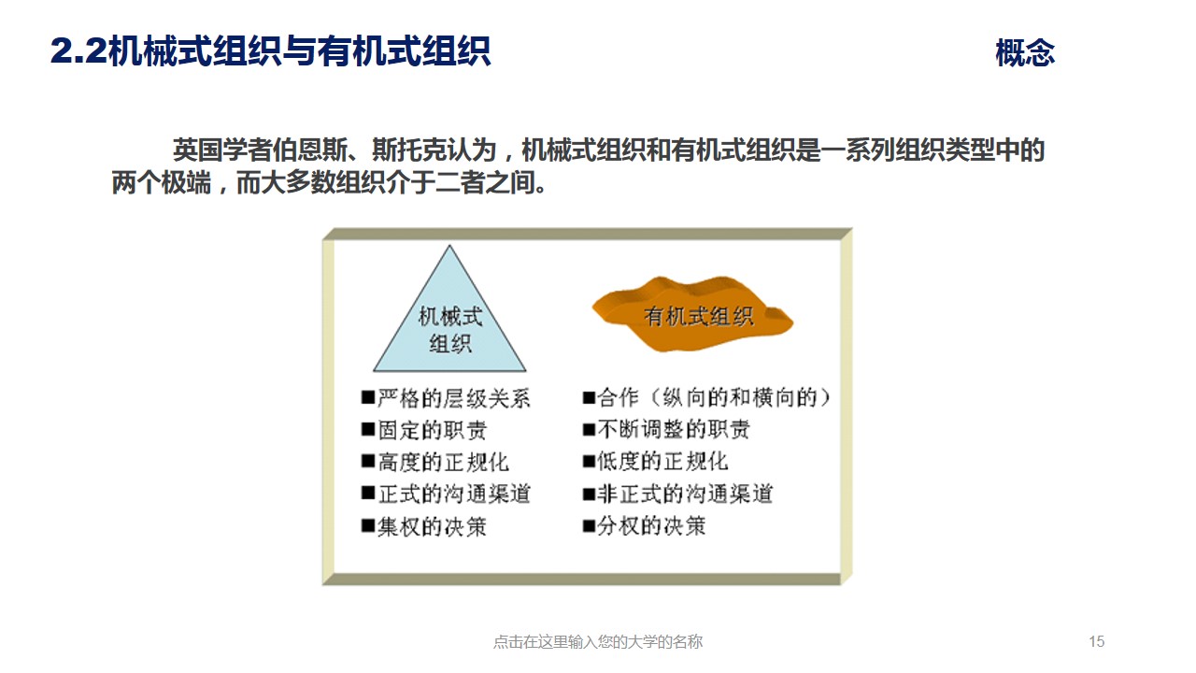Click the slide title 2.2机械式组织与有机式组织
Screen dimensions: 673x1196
tap(270, 51)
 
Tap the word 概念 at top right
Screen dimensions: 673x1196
tap(1025, 53)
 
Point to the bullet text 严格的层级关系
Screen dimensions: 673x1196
tap(454, 399)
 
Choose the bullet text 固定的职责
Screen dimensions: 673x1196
tap(432, 431)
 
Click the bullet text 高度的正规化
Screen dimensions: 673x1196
tap(443, 463)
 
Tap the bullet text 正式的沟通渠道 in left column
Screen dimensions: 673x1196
tap(454, 494)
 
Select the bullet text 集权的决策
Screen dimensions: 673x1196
tap(432, 526)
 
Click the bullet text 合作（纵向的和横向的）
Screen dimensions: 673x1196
tap(714, 398)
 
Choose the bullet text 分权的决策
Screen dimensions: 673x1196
tap(651, 525)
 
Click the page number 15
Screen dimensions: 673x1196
tap(1097, 641)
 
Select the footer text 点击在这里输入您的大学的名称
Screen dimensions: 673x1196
tap(597, 641)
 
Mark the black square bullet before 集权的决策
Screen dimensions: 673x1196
tap(368, 526)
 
